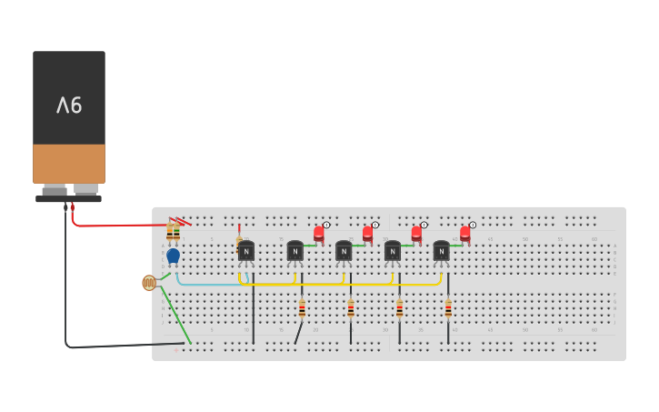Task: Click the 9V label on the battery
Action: coord(69,106)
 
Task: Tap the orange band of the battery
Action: coord(69,164)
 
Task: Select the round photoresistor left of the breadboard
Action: coord(149,283)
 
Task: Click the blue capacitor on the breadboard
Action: coord(173,256)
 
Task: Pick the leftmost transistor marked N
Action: coord(246,251)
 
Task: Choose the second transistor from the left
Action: coord(295,251)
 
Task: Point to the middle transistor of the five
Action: coord(344,251)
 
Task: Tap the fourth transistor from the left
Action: coord(393,251)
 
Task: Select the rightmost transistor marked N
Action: coord(442,251)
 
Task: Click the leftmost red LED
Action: coord(319,234)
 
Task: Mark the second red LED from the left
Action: coord(368,234)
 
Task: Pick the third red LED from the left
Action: coord(416,234)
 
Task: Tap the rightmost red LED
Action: coord(465,234)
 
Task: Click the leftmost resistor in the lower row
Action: coord(302,309)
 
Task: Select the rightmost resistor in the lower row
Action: coord(448,309)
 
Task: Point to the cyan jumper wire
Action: coord(209,285)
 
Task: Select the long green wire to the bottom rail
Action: coord(176,314)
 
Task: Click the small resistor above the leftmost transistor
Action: coord(239,242)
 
